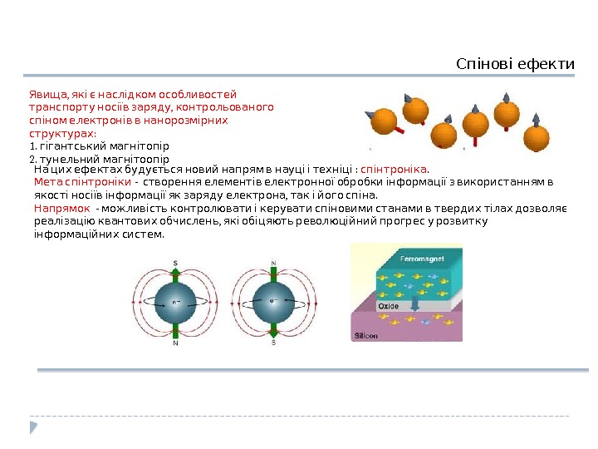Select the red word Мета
click(48, 181)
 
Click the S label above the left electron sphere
click(175, 264)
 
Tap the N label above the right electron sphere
click(273, 264)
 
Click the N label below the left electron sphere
click(175, 342)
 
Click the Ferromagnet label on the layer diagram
click(422, 259)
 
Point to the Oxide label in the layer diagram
click(389, 306)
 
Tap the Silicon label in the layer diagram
click(366, 336)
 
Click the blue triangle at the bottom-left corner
click(34, 427)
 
